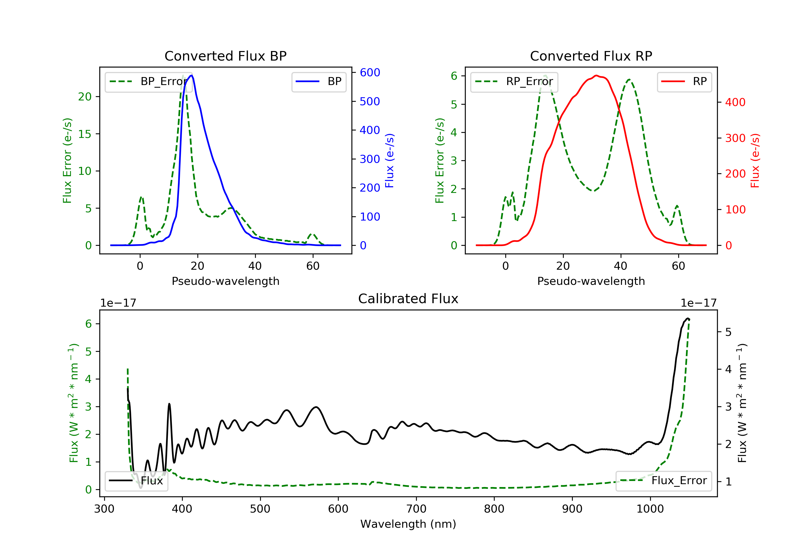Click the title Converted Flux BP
point(225,56)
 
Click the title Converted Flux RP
point(591,56)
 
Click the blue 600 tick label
point(370,73)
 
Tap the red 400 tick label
point(735,103)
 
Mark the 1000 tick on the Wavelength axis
point(650,509)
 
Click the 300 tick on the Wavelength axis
point(104,509)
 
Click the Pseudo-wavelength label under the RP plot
point(591,281)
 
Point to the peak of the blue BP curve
point(192,75)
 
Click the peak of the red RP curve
point(596,75)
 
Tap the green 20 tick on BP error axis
point(84,97)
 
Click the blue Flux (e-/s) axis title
point(389,160)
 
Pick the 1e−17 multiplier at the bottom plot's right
point(698,303)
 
